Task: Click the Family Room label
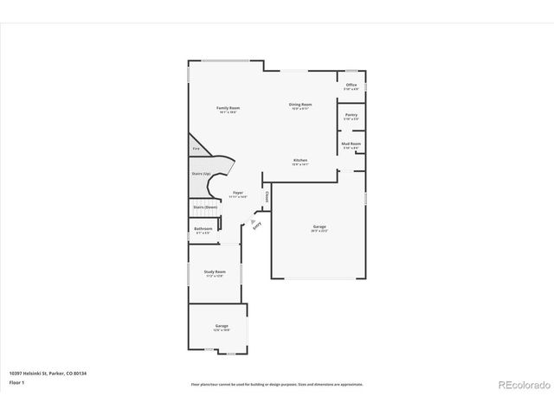(228, 107)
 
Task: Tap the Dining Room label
(300, 105)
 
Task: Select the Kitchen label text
(300, 161)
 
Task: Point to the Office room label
(351, 85)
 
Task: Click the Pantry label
(351, 114)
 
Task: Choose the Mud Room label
(351, 144)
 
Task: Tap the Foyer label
(237, 193)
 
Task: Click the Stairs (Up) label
(201, 174)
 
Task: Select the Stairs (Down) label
(204, 207)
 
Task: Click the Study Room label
(215, 271)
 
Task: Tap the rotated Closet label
(267, 197)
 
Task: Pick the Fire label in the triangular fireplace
(196, 150)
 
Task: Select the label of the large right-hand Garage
(319, 227)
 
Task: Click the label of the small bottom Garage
(221, 326)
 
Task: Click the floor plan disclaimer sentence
(277, 384)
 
